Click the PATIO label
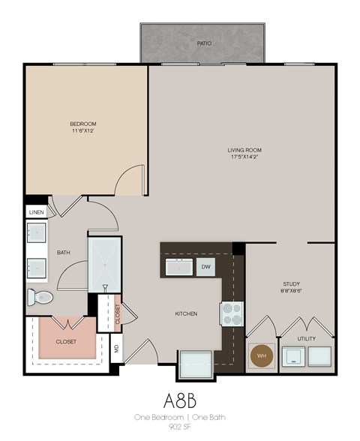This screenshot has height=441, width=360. (x=204, y=43)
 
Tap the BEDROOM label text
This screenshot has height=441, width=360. (x=83, y=124)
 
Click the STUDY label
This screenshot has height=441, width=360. (x=291, y=283)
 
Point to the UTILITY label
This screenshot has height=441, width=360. (x=306, y=340)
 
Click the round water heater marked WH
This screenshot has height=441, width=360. (x=262, y=355)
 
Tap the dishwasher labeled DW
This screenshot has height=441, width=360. (x=205, y=267)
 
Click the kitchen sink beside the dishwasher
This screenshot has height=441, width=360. (x=178, y=267)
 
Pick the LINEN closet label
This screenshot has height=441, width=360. (x=37, y=213)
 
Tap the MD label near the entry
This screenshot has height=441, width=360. (x=116, y=347)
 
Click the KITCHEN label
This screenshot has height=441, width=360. (x=185, y=313)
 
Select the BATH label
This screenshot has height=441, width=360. (x=64, y=253)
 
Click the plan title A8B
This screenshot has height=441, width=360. (x=180, y=397)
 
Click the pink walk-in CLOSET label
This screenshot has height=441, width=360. (x=66, y=341)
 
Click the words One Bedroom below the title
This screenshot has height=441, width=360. (x=155, y=416)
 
